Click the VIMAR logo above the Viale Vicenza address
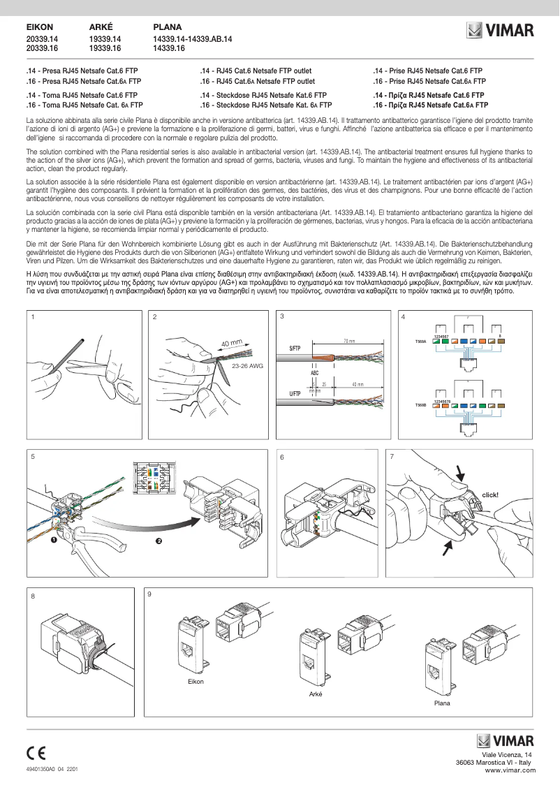[505, 741]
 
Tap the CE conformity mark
[36, 753]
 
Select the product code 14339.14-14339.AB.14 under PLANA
[192, 40]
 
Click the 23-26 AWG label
[247, 365]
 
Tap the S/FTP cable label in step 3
[295, 348]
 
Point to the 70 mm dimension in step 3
[348, 341]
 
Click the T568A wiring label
[420, 342]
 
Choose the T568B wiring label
[420, 405]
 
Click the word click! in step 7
[489, 494]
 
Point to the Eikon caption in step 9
[196, 682]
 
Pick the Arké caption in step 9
[316, 694]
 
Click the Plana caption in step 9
[442, 703]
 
